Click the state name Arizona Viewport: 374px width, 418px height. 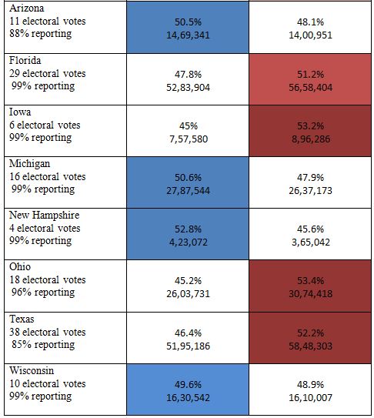point(26,8)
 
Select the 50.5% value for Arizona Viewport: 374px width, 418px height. point(188,22)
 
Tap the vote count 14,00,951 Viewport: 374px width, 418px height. point(311,35)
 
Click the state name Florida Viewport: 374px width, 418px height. point(25,60)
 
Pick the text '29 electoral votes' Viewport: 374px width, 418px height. point(48,73)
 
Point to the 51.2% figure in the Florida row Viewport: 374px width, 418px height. point(311,75)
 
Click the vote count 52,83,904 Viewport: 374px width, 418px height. point(188,88)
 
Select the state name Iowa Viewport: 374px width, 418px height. point(20,112)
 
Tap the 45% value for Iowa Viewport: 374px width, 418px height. point(189,125)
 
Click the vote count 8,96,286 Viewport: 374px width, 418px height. point(311,139)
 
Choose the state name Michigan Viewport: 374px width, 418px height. point(29,163)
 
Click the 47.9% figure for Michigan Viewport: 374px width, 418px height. point(311,178)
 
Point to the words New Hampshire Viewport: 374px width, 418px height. point(45,215)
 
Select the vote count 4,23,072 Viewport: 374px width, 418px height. point(189,242)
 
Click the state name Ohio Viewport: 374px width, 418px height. point(20,266)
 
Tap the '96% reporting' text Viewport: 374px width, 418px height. point(43,293)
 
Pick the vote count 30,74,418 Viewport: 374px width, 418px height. point(311,294)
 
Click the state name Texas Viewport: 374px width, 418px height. point(22,319)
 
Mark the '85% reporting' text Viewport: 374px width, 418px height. point(43,344)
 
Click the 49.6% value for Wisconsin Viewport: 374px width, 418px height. point(188,385)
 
